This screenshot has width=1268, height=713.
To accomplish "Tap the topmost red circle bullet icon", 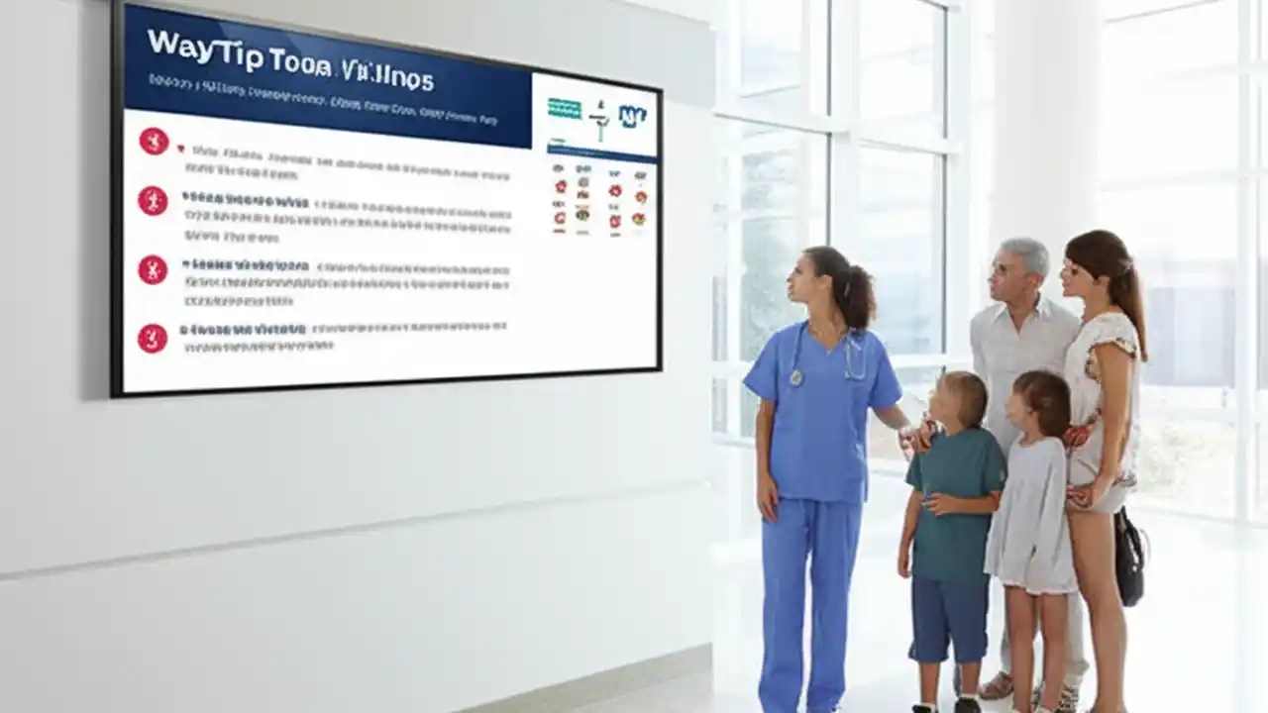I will coord(153,141).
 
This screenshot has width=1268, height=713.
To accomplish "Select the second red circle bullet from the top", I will coord(153,200).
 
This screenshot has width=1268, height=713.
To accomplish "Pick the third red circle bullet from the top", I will coord(153,269).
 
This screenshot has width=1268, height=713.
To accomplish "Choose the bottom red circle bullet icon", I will coord(153,339).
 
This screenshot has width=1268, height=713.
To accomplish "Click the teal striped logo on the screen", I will coord(565,109).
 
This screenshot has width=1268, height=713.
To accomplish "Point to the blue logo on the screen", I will coord(632,117).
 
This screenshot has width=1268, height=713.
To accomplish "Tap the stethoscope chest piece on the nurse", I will coord(795,377).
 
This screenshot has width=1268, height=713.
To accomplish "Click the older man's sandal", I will coord(996,685).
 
